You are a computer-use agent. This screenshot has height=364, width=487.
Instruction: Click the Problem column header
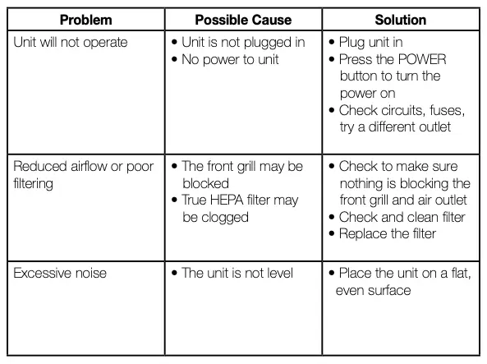(x=85, y=19)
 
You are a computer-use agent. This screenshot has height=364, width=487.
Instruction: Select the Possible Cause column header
(x=245, y=19)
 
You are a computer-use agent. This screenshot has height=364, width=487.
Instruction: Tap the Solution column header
(x=400, y=19)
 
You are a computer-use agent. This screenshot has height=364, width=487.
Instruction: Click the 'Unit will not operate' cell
(x=71, y=42)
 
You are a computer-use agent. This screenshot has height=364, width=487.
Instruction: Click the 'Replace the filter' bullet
(x=388, y=233)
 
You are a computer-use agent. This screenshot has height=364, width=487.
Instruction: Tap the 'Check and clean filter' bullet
(x=402, y=217)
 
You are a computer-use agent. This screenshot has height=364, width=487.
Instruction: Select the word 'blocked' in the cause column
(x=205, y=183)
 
